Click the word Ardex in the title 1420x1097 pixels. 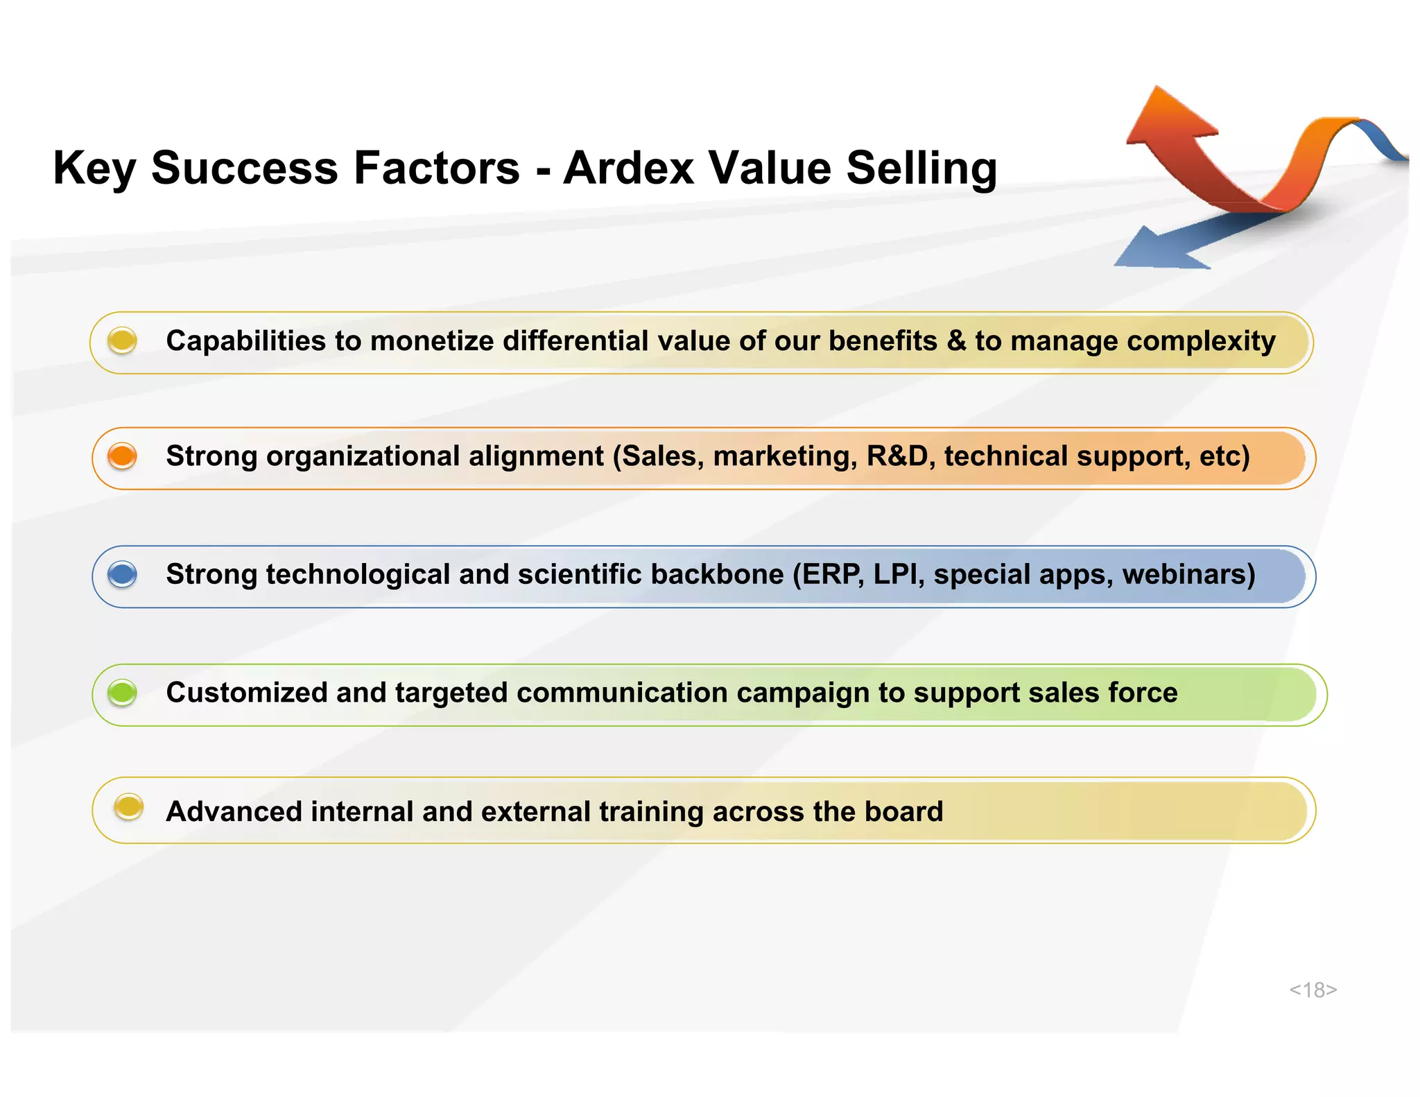[x=628, y=169]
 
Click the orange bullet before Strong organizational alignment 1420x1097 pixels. [x=123, y=456]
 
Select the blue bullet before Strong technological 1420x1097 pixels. [x=123, y=574]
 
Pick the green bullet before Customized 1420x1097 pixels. [x=123, y=692]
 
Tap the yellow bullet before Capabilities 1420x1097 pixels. [x=123, y=340]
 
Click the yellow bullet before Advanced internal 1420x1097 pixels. [x=128, y=807]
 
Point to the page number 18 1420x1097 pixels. [x=1313, y=990]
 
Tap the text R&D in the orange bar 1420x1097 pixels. [x=897, y=456]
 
